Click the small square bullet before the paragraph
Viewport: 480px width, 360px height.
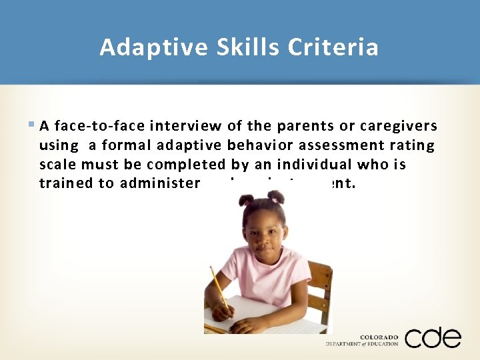[33, 125]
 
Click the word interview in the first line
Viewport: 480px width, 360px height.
[186, 126]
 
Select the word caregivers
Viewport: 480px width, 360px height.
[399, 126]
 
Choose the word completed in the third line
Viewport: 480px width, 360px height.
[188, 163]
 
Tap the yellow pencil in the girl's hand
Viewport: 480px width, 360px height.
[219, 288]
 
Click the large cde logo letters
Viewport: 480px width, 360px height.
[432, 338]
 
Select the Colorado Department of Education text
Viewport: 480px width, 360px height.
[362, 341]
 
